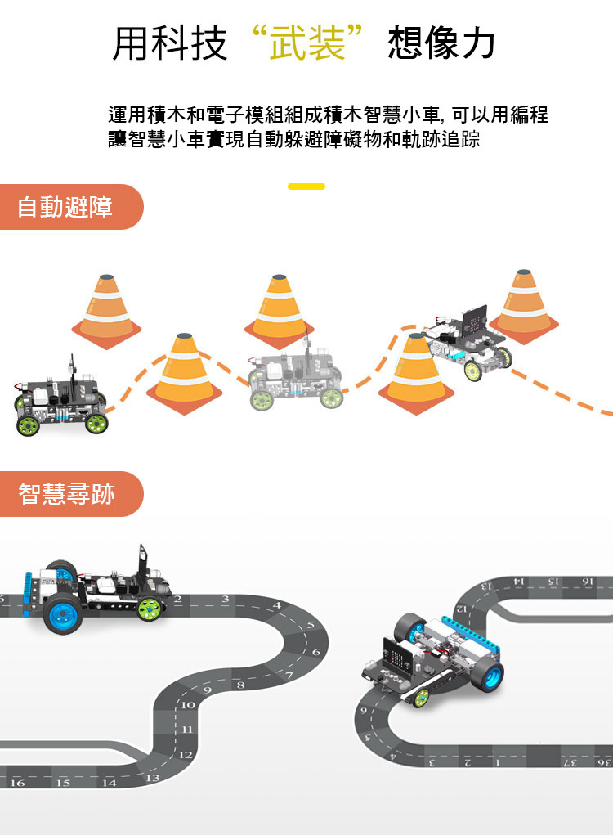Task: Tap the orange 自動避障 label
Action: click(65, 207)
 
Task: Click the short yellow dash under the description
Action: click(306, 186)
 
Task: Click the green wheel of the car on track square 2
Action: click(150, 609)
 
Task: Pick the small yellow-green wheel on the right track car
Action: click(421, 697)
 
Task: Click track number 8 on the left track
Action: click(240, 684)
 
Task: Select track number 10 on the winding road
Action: click(189, 704)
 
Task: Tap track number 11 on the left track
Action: click(188, 729)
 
